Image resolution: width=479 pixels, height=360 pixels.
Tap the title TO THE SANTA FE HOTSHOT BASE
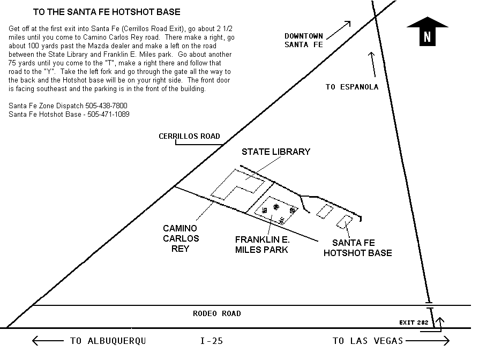tap(107, 12)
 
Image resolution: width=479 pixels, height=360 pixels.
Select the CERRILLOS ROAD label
tap(189, 136)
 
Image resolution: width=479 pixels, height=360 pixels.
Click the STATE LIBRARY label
tap(275, 152)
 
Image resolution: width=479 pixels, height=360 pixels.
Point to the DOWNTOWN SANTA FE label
tap(304, 40)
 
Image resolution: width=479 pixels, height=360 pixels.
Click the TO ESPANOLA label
tap(351, 87)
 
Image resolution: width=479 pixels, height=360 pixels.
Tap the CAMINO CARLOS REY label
tap(181, 238)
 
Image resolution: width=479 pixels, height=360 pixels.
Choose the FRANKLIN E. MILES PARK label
tap(262, 244)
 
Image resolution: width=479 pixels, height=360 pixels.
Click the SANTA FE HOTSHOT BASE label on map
tap(357, 247)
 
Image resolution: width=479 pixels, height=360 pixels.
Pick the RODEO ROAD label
tap(216, 313)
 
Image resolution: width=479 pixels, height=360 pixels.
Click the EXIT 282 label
tap(414, 322)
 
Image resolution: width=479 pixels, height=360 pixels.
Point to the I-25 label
tap(211, 341)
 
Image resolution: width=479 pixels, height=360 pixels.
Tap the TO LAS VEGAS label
tap(368, 341)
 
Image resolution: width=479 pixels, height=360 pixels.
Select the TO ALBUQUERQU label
tap(108, 341)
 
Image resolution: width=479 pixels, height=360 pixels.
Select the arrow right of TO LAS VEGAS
tap(427, 341)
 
